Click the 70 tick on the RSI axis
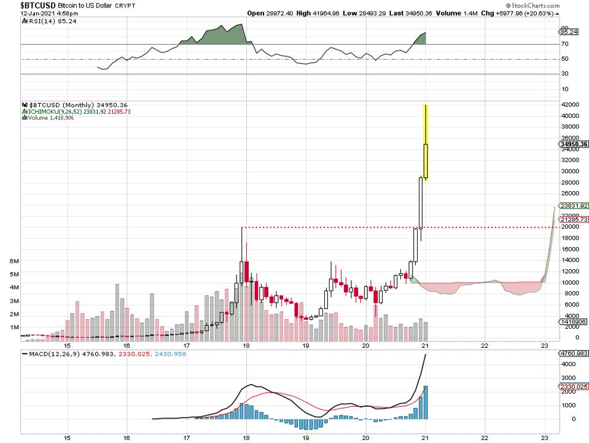click(564, 44)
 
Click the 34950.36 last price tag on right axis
click(574, 144)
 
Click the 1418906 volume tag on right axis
click(572, 322)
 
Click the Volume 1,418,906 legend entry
click(49, 117)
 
